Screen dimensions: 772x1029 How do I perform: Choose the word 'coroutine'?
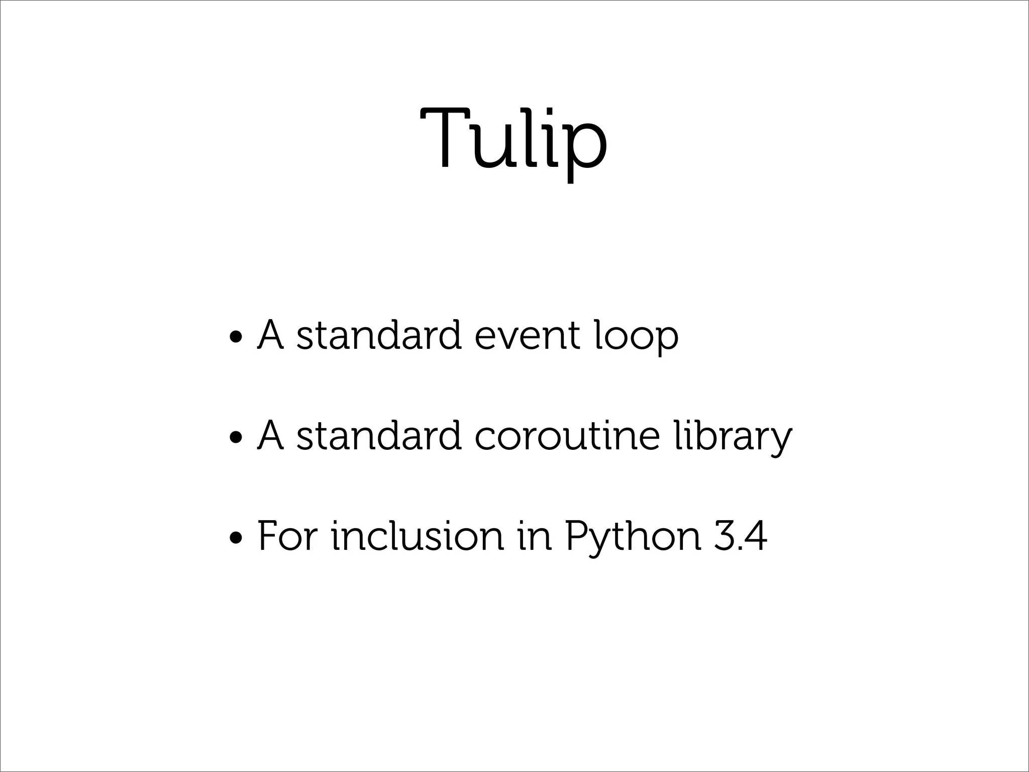tap(566, 435)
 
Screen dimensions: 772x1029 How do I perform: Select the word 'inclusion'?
tap(417, 536)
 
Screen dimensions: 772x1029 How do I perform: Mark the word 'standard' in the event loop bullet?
tap(379, 335)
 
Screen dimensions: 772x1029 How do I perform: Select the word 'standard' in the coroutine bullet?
tap(379, 435)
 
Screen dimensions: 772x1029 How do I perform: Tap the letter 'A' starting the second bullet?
tap(270, 435)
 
